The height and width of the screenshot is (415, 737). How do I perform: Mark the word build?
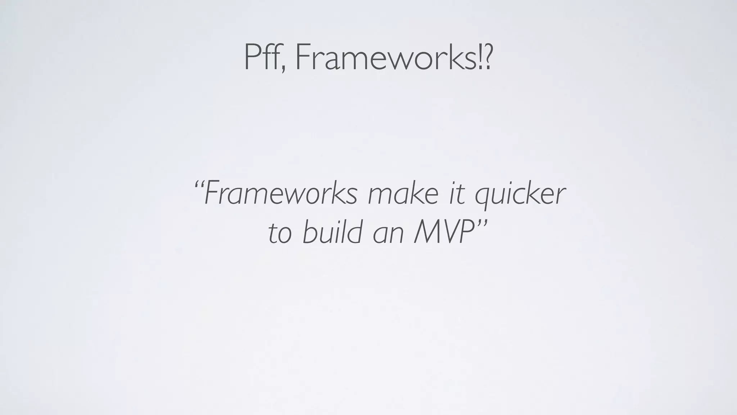(x=332, y=232)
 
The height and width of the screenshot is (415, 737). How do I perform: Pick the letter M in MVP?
(x=426, y=232)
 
